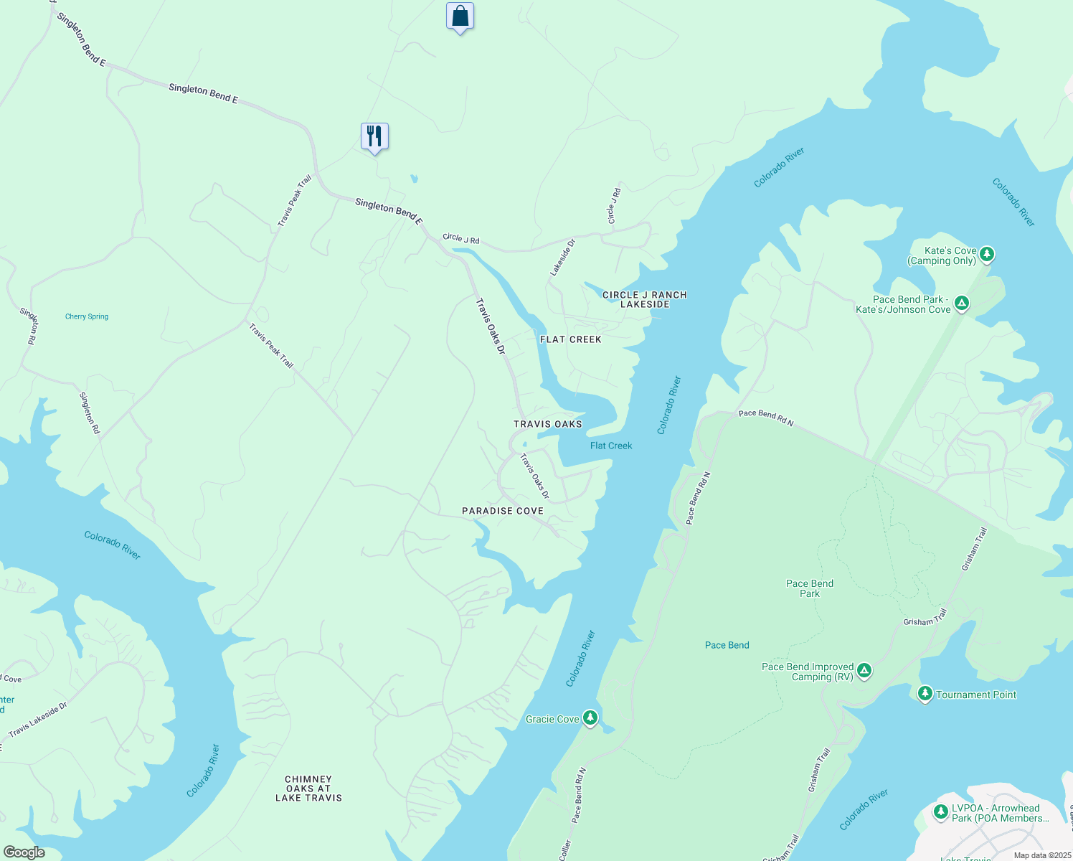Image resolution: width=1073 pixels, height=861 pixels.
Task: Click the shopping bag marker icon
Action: tap(460, 16)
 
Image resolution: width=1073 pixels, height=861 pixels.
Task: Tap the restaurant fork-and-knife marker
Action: tap(374, 136)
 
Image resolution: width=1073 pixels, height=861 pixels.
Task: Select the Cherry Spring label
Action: tap(87, 316)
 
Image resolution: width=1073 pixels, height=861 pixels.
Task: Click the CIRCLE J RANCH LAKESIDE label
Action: tap(644, 299)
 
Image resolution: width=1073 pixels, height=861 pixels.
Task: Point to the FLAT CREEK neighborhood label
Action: tap(570, 339)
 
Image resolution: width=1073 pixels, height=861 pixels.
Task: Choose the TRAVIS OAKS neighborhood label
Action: tap(547, 424)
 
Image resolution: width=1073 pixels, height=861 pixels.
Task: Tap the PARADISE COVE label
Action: tap(502, 511)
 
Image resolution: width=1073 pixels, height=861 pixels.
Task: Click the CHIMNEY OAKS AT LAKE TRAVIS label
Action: tap(308, 788)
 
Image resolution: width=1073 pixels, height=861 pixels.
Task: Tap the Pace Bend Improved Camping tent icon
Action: tap(865, 671)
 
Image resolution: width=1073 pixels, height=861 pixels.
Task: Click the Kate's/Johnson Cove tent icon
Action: tap(962, 303)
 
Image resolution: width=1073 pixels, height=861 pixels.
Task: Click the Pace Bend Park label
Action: tap(810, 588)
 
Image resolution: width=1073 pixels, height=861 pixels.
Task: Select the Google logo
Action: tap(24, 852)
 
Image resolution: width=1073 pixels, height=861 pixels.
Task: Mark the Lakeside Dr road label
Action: tap(563, 258)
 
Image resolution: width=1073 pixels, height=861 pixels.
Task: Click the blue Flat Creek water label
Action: tap(611, 446)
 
